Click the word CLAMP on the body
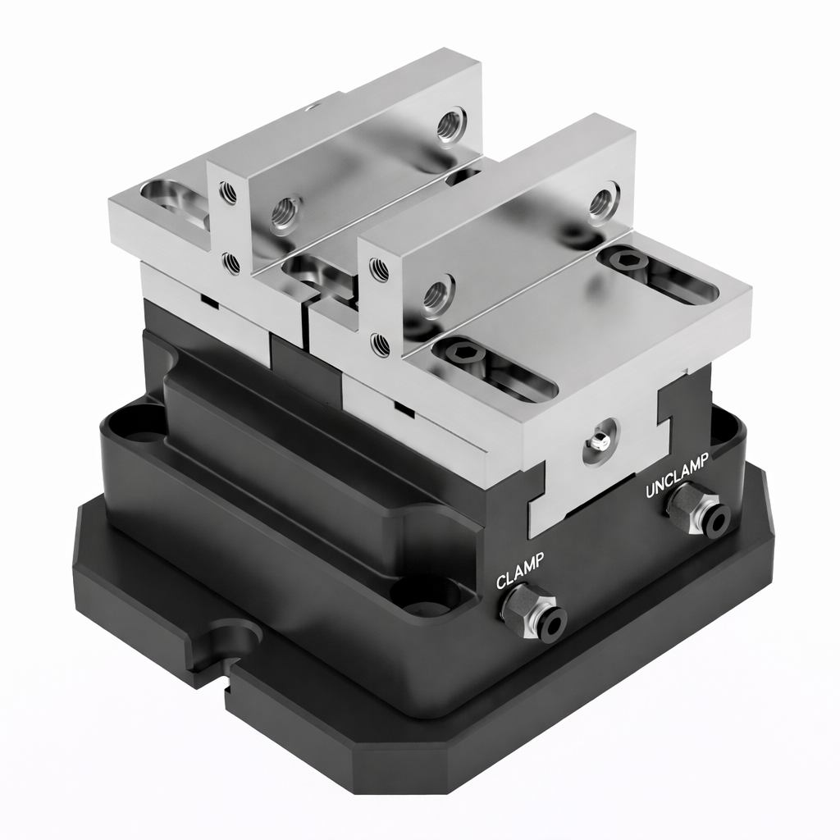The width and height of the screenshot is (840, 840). (520, 570)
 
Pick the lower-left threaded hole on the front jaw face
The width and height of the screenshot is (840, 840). (436, 294)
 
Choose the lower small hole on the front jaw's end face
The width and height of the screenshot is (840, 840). (380, 344)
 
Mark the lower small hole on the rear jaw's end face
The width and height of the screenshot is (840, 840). (231, 263)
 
